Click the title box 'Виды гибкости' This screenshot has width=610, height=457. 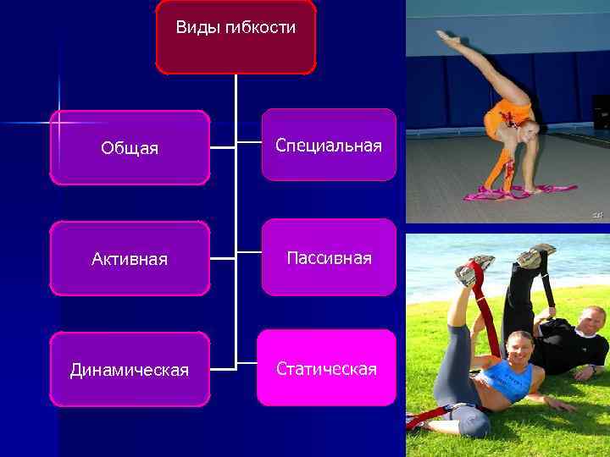pos(236,36)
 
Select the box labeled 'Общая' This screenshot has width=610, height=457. pos(130,147)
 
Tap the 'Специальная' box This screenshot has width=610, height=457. pos(329,146)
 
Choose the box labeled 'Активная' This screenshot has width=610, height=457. pos(130,258)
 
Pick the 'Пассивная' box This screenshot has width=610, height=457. pos(329,257)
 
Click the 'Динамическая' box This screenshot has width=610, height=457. pos(130,370)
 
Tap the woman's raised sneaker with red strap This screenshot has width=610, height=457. pos(471,271)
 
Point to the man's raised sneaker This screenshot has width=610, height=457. pos(536,254)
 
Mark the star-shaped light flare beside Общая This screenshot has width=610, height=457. pos(58,124)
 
